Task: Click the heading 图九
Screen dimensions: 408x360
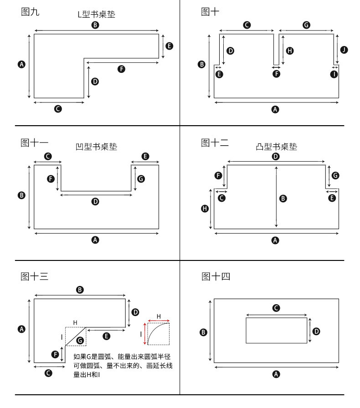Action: [31, 12]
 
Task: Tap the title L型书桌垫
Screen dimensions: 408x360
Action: [96, 15]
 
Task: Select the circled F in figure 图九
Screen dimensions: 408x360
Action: [121, 69]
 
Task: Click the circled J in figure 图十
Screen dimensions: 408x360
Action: [344, 50]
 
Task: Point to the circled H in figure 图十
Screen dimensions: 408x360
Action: [290, 51]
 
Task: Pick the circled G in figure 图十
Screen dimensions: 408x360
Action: [306, 25]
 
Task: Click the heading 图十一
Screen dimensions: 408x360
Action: [34, 143]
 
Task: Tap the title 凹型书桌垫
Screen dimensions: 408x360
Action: [96, 147]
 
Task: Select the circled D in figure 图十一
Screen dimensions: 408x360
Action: [95, 201]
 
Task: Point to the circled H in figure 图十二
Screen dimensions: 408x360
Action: [205, 209]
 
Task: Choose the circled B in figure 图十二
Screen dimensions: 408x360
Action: [283, 199]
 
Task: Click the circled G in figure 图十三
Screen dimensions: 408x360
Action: [80, 340]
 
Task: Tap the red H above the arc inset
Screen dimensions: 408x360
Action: [159, 316]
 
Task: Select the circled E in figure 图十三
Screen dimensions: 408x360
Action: [107, 336]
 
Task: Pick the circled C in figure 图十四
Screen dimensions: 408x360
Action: [276, 308]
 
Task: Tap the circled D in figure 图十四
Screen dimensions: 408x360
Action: [317, 331]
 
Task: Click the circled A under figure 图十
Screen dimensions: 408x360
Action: [275, 109]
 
